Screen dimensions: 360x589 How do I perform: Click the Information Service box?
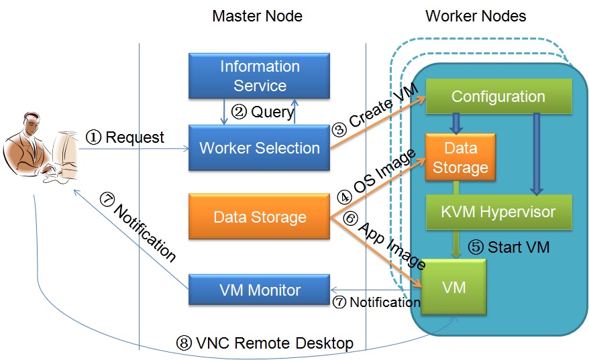(x=260, y=76)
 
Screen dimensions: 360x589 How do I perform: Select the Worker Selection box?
(x=260, y=147)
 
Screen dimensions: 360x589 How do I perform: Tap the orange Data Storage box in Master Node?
(x=260, y=217)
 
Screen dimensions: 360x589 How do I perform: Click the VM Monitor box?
(x=260, y=290)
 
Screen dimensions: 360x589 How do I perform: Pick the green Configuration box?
(x=498, y=96)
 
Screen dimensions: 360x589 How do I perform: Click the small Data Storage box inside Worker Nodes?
(x=460, y=158)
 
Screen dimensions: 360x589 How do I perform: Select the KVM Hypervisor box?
(x=498, y=212)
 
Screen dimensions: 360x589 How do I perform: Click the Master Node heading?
(x=257, y=15)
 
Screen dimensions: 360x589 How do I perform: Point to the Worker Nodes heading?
(x=476, y=15)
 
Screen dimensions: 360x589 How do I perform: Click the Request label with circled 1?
(x=125, y=137)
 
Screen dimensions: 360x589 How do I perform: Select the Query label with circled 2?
(x=262, y=112)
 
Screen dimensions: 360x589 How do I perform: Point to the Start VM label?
(x=508, y=247)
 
